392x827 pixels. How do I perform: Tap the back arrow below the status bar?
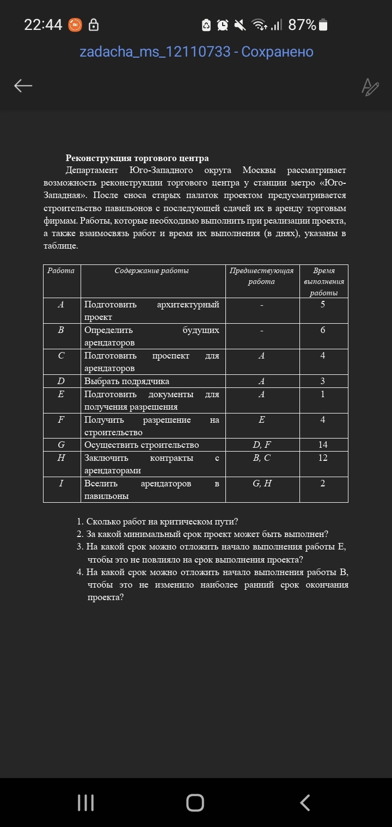click(23, 85)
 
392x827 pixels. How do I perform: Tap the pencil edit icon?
click(370, 87)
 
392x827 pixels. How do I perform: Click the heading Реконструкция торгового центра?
click(137, 158)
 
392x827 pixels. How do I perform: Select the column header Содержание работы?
click(152, 270)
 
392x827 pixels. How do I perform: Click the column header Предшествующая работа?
click(262, 276)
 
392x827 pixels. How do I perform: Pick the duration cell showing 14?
click(323, 445)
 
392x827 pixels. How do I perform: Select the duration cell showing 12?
click(323, 458)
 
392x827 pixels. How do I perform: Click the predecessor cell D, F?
click(262, 445)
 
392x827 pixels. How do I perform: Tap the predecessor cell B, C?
click(262, 458)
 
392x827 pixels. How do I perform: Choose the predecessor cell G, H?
click(262, 483)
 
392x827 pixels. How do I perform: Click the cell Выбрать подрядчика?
click(127, 381)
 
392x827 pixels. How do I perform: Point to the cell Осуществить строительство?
click(142, 445)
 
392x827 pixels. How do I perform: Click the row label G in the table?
click(62, 445)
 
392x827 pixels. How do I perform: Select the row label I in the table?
click(62, 483)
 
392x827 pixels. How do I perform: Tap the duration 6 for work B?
click(323, 330)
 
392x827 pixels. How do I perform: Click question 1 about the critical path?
click(162, 522)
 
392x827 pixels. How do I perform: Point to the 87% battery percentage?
click(302, 24)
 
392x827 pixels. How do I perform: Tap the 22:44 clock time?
click(43, 24)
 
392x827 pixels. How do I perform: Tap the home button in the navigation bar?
click(195, 803)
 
